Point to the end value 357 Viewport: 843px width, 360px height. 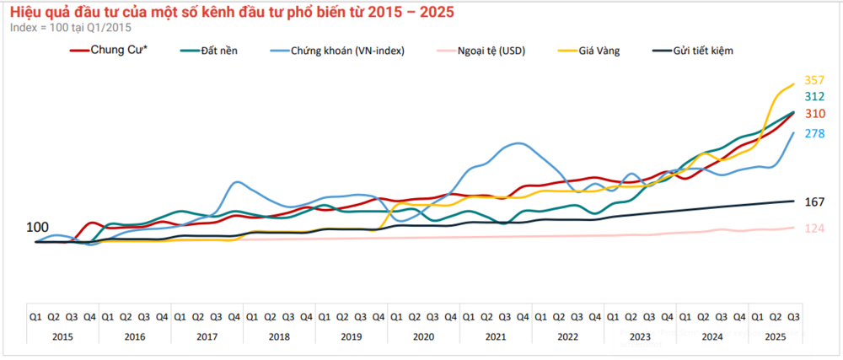point(814,80)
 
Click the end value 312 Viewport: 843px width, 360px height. point(814,97)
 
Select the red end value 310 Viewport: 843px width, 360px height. point(814,114)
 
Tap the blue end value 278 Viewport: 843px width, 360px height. point(814,133)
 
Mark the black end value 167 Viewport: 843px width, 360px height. point(814,202)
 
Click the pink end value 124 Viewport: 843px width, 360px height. point(814,228)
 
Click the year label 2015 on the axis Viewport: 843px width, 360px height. point(62,336)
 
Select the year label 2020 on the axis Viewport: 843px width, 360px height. point(423,336)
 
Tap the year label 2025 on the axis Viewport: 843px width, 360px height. point(776,336)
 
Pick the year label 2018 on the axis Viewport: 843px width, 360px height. point(279,336)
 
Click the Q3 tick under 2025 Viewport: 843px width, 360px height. point(793,317)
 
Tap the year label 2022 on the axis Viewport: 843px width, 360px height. point(567,336)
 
